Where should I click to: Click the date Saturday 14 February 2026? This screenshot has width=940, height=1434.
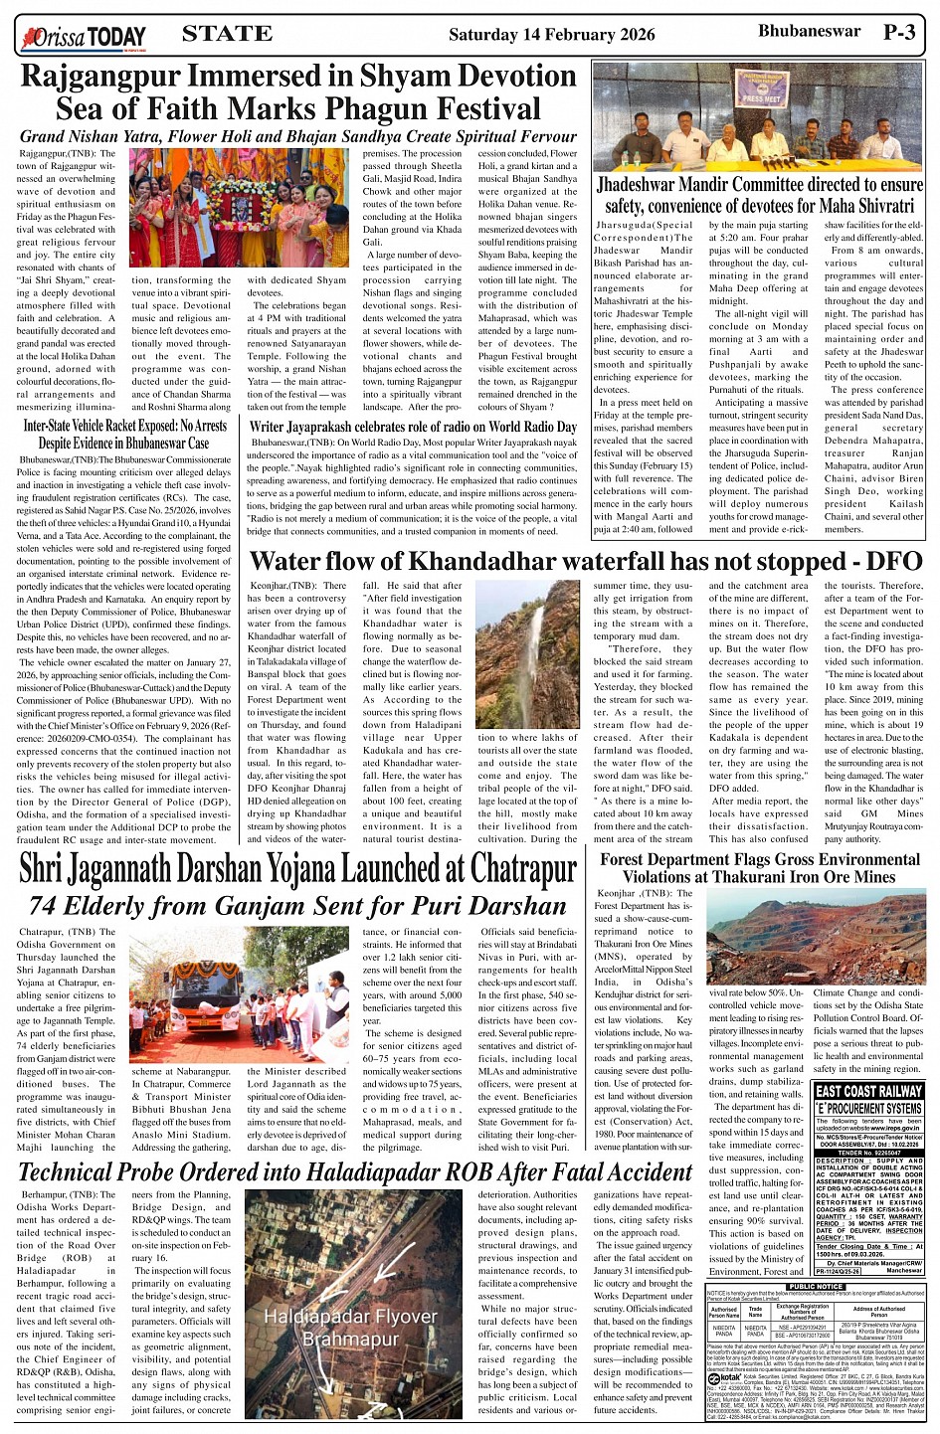tap(551, 35)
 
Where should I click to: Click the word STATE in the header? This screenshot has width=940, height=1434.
tap(228, 33)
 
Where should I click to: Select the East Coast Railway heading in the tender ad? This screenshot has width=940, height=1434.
tap(868, 1090)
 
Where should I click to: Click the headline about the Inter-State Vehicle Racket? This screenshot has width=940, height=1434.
tap(124, 434)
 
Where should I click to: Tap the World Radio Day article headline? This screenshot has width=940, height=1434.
tap(413, 427)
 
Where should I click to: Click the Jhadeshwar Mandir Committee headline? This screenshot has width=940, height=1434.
tap(759, 196)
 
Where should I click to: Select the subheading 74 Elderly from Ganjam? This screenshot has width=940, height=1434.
tap(296, 906)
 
